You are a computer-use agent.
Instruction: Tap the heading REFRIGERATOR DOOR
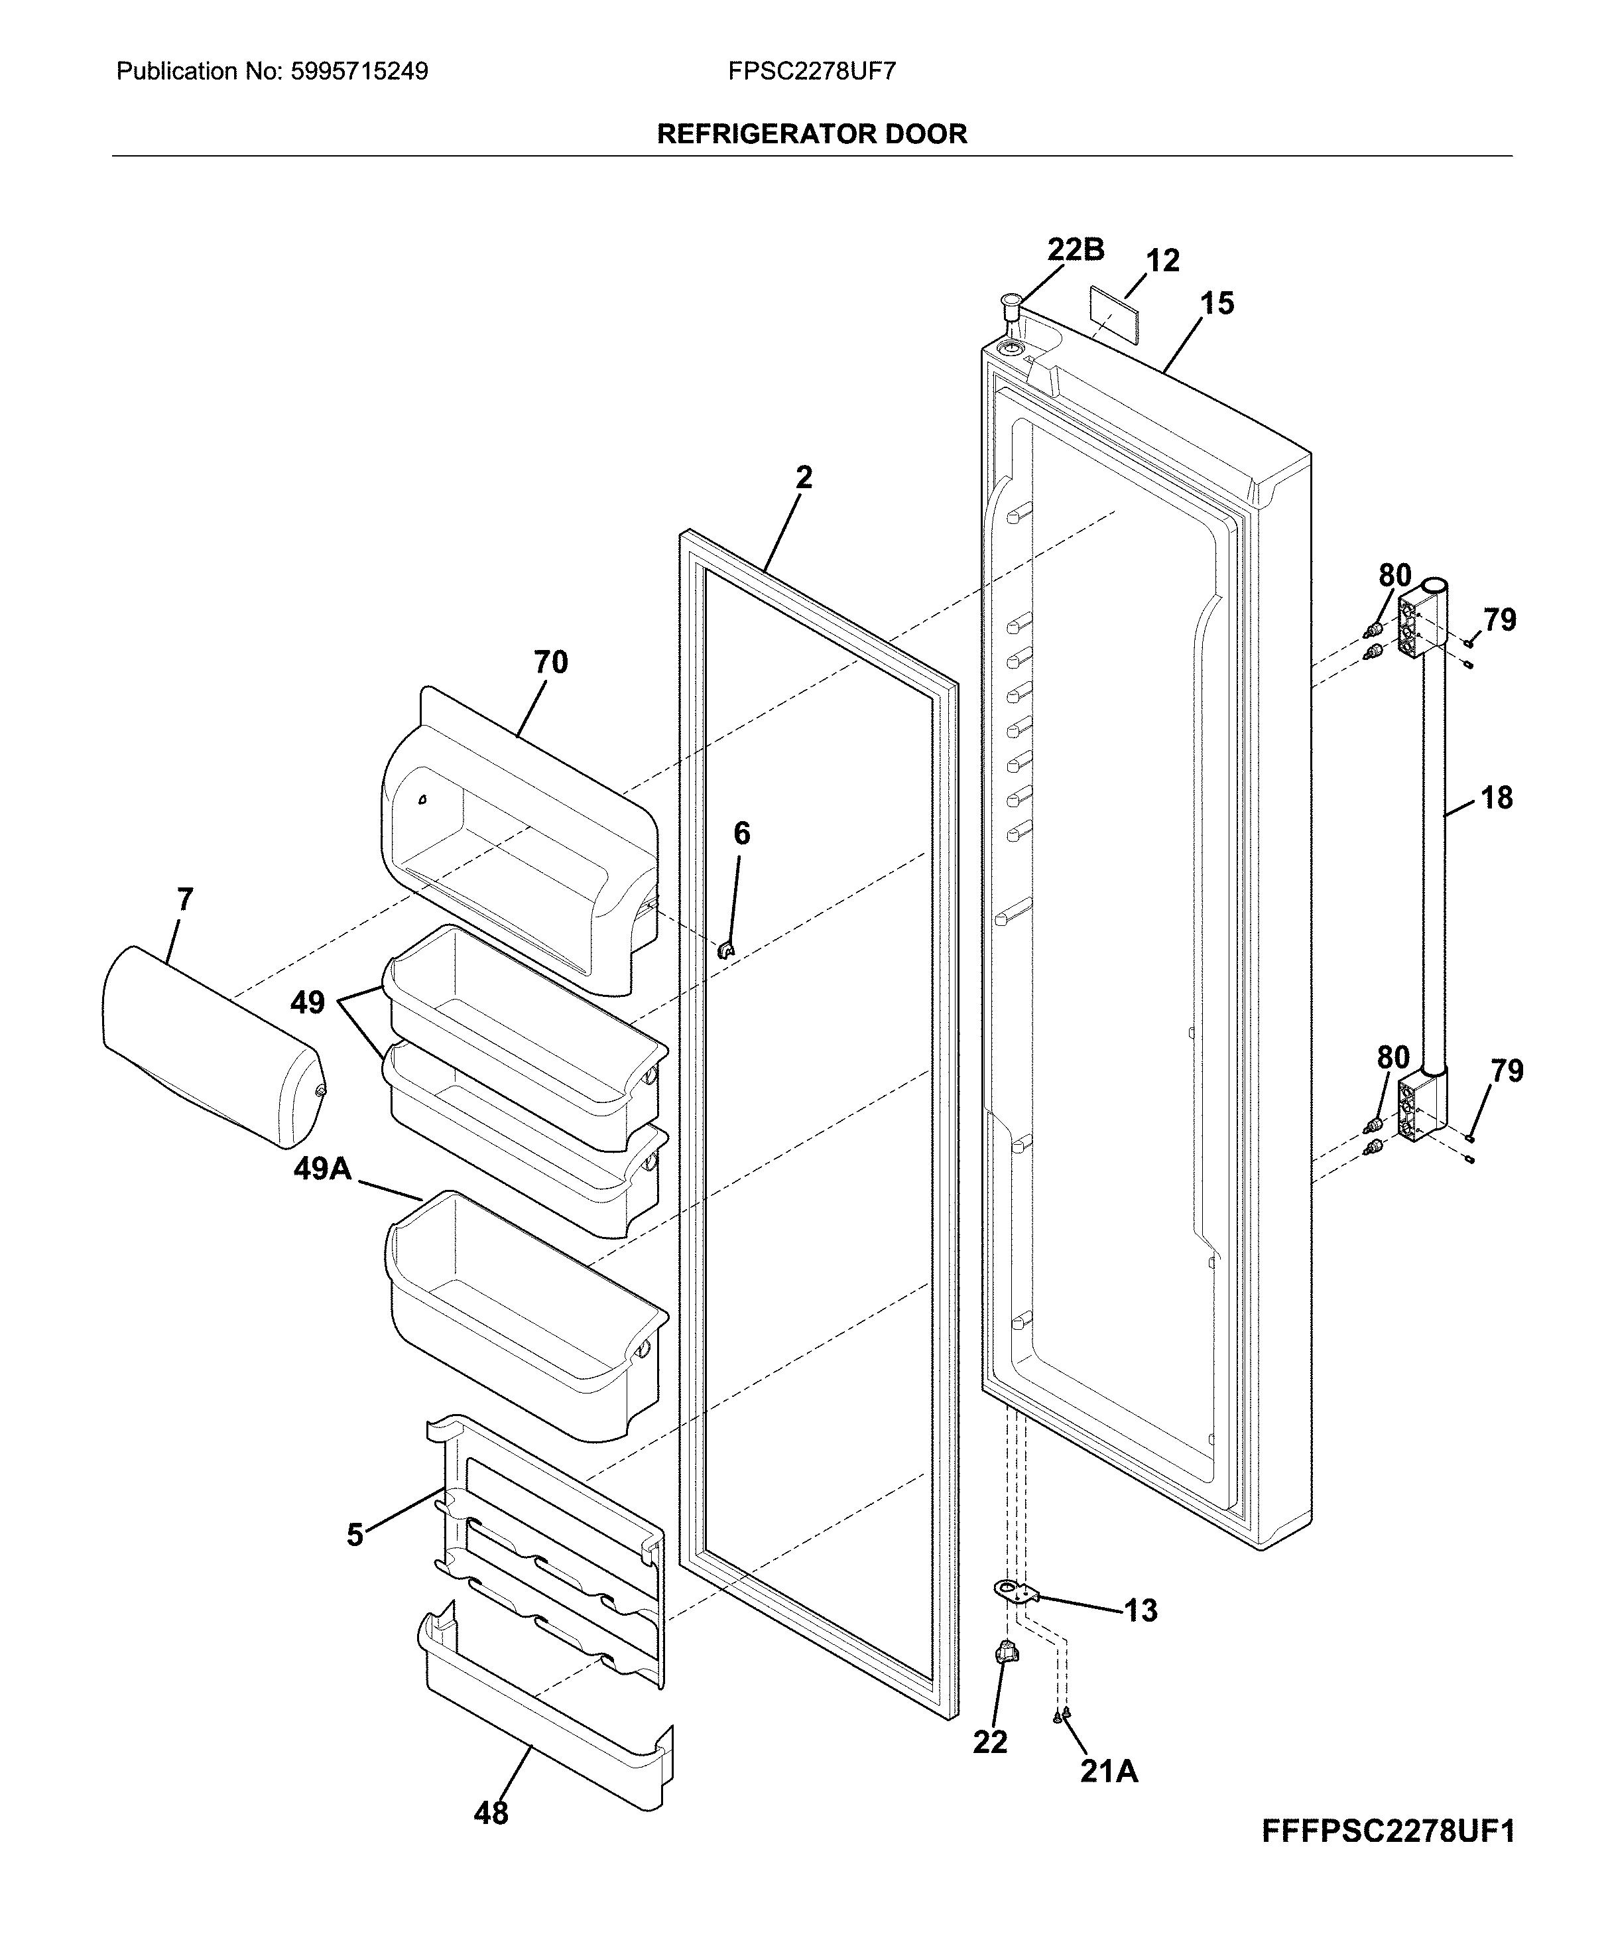pos(812,135)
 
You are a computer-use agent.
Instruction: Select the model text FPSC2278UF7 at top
pos(812,72)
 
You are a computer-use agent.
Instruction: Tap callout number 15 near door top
pos(1217,303)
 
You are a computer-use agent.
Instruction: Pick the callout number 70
pos(550,663)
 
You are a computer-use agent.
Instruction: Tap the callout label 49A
pos(322,1169)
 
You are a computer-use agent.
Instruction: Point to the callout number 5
pos(355,1535)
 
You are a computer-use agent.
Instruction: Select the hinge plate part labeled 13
pos(1016,1591)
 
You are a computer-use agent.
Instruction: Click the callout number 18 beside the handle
pos(1497,797)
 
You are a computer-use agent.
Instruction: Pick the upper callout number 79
pos(1500,619)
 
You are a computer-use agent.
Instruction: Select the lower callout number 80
pos(1393,1057)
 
